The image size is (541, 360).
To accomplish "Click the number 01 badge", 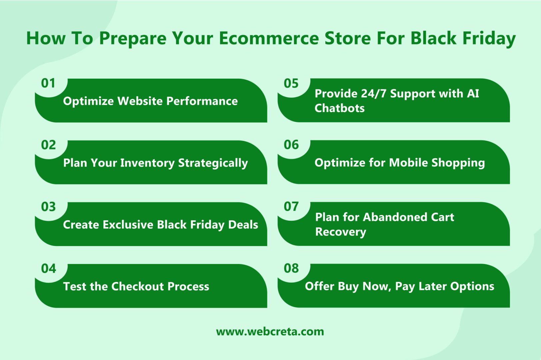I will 48,83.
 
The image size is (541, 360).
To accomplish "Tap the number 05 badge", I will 291,83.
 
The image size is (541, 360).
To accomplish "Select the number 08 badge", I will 291,268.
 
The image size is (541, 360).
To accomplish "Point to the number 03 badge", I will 48,207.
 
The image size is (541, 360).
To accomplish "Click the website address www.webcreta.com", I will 270,331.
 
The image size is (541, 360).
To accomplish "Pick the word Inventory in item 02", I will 147,163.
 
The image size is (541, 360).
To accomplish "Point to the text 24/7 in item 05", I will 374,94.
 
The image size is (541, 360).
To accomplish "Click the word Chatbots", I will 339,108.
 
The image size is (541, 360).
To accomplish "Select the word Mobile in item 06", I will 408,163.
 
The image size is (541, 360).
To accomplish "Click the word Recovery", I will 340,232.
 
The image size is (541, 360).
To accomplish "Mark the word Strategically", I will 213,163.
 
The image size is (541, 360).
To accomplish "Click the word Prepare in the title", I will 133,39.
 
